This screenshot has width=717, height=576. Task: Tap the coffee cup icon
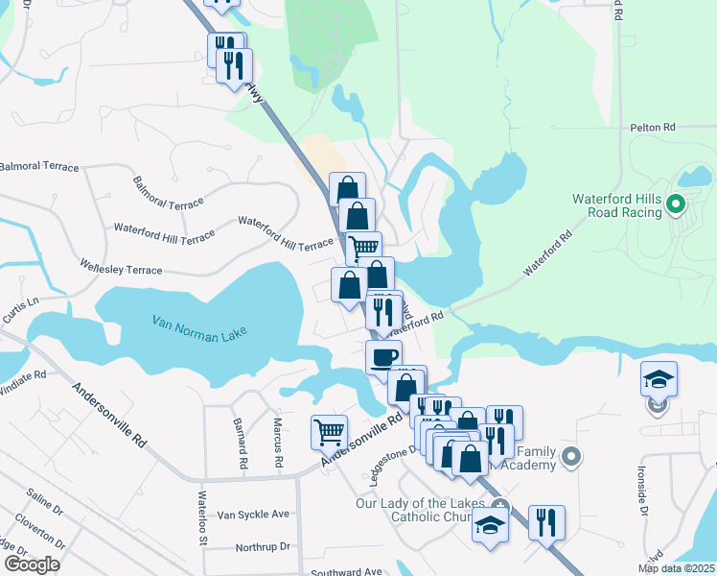383,357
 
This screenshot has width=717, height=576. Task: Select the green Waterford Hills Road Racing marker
675,204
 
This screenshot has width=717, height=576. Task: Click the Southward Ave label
346,572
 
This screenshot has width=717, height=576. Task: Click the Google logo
32,564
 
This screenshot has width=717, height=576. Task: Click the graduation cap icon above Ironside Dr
659,379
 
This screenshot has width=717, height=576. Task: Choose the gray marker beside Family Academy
572,457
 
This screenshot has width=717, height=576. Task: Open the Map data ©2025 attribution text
676,568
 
